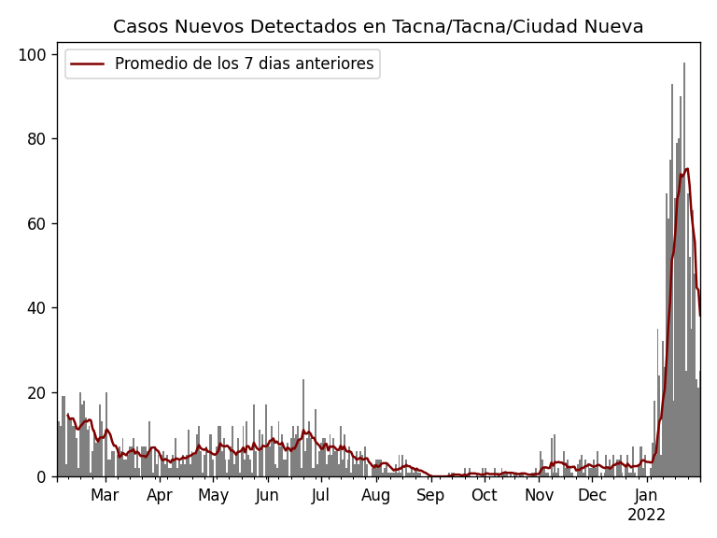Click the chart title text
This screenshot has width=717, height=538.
tap(378, 27)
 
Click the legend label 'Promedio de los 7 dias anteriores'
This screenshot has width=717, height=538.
tap(244, 64)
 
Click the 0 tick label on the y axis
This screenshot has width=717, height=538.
tap(41, 477)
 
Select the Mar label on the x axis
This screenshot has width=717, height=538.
tap(105, 496)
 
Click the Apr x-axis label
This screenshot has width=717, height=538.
tap(160, 496)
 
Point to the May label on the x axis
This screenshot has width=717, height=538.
tap(213, 496)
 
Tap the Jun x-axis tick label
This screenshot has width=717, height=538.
tap(267, 496)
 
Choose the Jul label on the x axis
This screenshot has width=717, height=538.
tap(321, 496)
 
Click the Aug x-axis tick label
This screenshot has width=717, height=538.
tap(375, 496)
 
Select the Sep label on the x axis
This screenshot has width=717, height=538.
tap(430, 496)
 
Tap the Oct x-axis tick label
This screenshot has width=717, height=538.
tap(485, 496)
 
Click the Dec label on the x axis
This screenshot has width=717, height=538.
tap(592, 496)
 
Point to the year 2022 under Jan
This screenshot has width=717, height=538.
tap(646, 516)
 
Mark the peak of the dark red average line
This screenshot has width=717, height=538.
tap(687, 169)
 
